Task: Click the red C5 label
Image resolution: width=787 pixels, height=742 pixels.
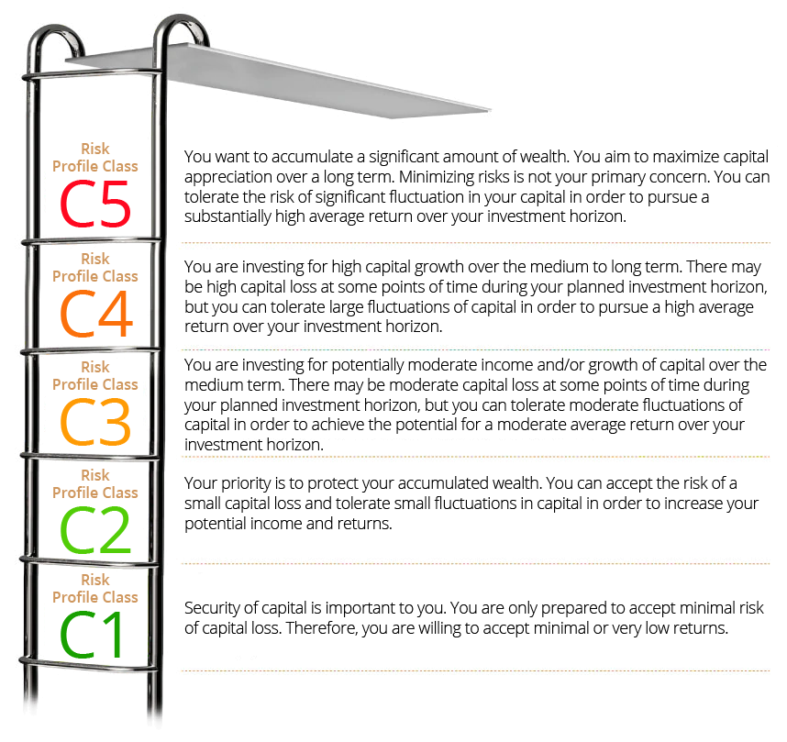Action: (x=95, y=205)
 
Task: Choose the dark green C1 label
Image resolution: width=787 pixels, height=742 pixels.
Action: (x=93, y=635)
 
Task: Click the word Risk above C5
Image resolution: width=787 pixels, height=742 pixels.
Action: (x=95, y=149)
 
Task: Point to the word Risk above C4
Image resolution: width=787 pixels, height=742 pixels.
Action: (x=95, y=259)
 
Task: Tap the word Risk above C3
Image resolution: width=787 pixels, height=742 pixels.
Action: (x=95, y=367)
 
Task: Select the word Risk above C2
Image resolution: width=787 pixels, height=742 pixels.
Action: (x=95, y=475)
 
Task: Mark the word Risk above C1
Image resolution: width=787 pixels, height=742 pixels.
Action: (x=95, y=580)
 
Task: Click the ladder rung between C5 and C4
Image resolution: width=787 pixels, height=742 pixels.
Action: (x=92, y=241)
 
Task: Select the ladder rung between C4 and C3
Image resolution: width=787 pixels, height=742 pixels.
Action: (x=92, y=349)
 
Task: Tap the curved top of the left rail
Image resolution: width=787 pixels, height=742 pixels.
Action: (x=52, y=34)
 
